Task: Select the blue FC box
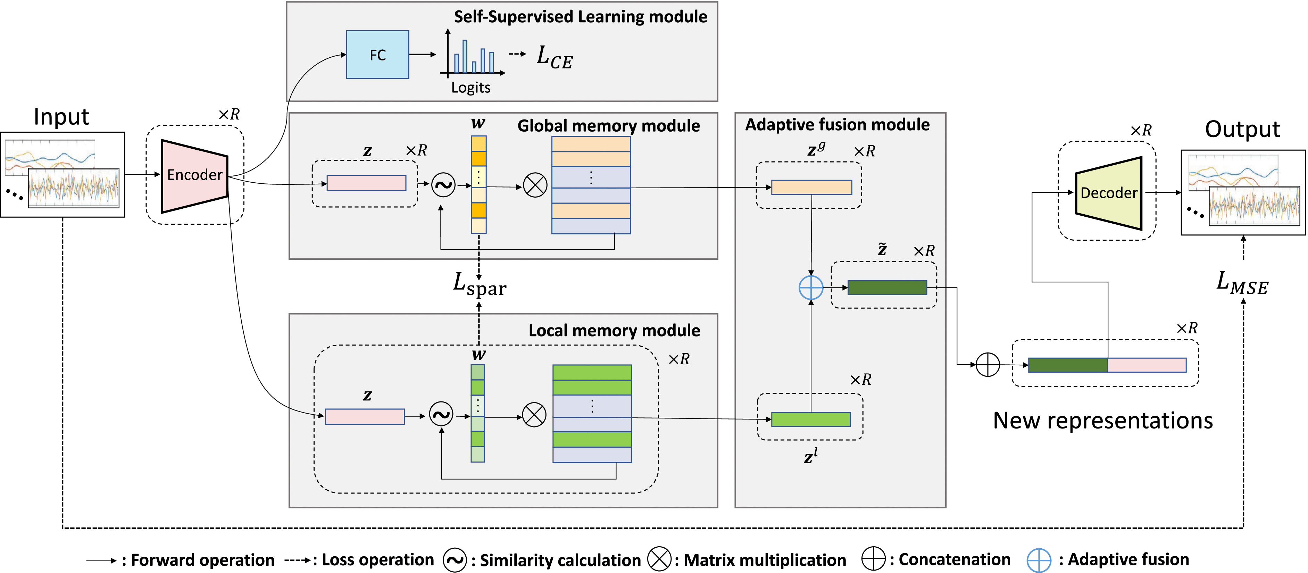click(377, 55)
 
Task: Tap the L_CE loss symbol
click(555, 57)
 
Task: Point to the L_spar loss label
click(479, 284)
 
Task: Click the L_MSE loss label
click(1242, 283)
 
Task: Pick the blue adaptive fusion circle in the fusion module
click(811, 288)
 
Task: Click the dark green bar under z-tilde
click(887, 288)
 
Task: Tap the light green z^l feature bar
click(811, 420)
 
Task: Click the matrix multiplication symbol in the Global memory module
click(535, 185)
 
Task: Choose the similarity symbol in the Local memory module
click(441, 415)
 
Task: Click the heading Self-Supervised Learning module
click(580, 17)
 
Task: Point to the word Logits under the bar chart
click(471, 88)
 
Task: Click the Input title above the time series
click(61, 117)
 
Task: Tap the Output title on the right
click(1242, 130)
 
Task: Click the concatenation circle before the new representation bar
click(988, 365)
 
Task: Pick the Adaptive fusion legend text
click(1128, 560)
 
